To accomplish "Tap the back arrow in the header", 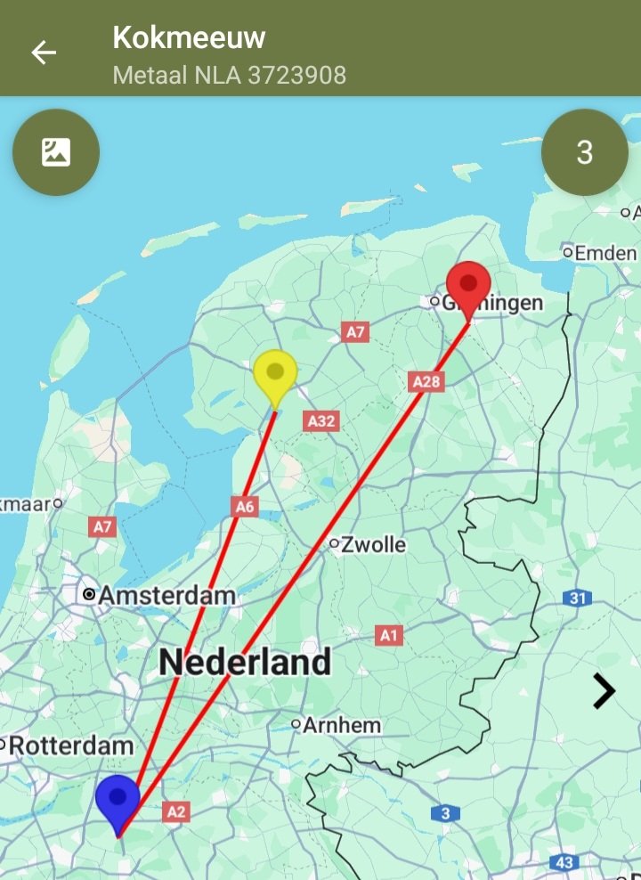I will pyautogui.click(x=44, y=53).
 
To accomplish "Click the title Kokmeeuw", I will pyautogui.click(x=189, y=37).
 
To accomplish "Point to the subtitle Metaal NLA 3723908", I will pyautogui.click(x=229, y=75).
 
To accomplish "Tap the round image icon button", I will pyautogui.click(x=56, y=152).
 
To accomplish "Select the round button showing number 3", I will pyautogui.click(x=584, y=152).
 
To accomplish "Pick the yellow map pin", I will pyautogui.click(x=274, y=375).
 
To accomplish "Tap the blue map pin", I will pyautogui.click(x=118, y=800).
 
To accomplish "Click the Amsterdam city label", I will pyautogui.click(x=166, y=595).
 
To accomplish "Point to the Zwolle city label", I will pyautogui.click(x=373, y=543).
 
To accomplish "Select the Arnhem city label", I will pyautogui.click(x=342, y=725).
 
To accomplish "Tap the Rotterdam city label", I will pyautogui.click(x=71, y=746).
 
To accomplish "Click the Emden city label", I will pyautogui.click(x=604, y=253).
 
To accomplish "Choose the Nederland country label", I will pyautogui.click(x=245, y=662).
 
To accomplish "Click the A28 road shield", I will pyautogui.click(x=426, y=381).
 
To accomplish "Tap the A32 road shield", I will pyautogui.click(x=320, y=420).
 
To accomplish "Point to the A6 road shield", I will pyautogui.click(x=245, y=507).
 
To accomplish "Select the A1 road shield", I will pyautogui.click(x=389, y=635).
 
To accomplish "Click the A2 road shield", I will pyautogui.click(x=176, y=811).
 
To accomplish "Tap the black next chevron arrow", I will pyautogui.click(x=604, y=690).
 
